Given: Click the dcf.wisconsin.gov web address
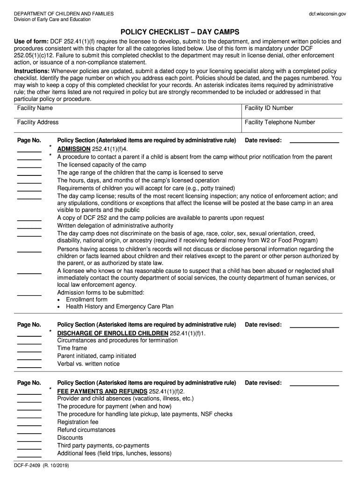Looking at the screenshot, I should [x=327, y=14].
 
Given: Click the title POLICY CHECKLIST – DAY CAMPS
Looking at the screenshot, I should [x=180, y=32].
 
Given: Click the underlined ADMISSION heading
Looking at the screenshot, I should [x=73, y=149].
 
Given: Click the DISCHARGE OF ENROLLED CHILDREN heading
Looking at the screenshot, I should [x=112, y=333].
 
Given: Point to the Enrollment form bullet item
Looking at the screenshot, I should [x=86, y=299].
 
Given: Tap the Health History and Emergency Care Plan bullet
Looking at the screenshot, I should [x=119, y=307].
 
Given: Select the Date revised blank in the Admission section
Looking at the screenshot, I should [x=314, y=142].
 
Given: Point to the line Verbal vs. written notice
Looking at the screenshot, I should [x=88, y=364].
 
